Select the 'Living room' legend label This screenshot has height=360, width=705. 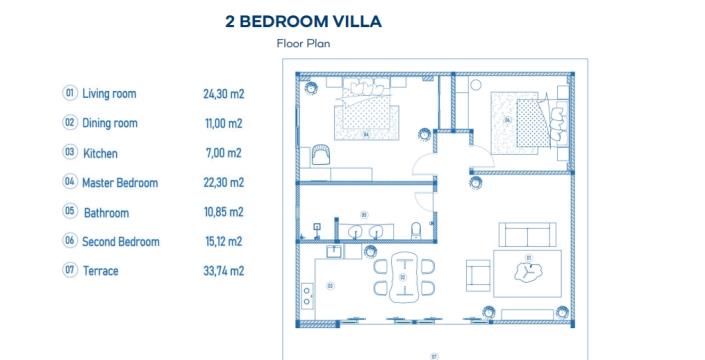coord(109,93)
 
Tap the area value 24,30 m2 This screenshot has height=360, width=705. coord(223,93)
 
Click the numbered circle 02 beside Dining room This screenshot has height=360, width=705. coord(70,123)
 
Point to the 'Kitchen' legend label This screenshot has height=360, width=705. coord(100,153)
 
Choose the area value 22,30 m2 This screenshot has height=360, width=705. coord(223,183)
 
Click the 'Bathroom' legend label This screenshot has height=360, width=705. coord(106,213)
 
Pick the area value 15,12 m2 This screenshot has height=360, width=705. coord(223,242)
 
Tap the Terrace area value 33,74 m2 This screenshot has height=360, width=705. coord(223,271)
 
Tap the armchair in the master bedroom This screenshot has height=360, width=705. coord(320,154)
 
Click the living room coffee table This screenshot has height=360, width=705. coord(527,270)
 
